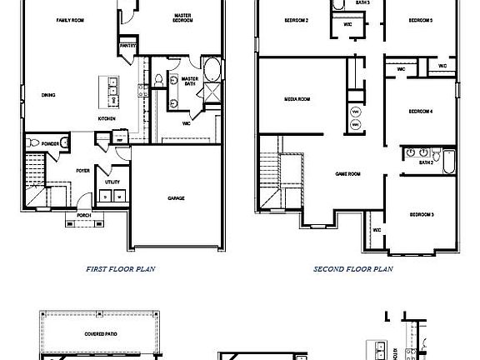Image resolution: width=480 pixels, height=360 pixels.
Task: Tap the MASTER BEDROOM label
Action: point(183,18)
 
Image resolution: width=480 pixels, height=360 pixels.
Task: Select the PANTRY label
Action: point(127,47)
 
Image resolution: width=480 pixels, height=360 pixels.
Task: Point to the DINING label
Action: point(48,95)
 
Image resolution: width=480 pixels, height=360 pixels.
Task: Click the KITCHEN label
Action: point(107,118)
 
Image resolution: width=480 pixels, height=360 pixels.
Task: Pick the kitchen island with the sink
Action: point(110,90)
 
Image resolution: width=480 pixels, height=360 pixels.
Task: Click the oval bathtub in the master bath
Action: point(212,68)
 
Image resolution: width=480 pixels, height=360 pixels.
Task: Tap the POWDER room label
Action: point(50,143)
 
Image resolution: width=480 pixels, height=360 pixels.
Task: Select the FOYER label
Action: point(82,170)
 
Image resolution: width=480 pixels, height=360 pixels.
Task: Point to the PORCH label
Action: point(83,214)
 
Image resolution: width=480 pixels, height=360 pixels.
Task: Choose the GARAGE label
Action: point(176,198)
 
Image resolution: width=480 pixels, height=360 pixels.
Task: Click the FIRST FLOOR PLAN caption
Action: point(121,269)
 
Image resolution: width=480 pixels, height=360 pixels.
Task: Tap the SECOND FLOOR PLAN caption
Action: point(353,269)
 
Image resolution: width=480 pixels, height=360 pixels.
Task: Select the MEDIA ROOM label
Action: point(297,98)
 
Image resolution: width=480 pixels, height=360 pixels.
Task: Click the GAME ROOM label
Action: point(347,173)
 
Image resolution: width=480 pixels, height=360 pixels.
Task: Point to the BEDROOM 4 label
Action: point(420,111)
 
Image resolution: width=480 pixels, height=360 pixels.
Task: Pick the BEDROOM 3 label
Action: point(421,215)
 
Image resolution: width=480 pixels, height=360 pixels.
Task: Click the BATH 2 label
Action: point(426,163)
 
